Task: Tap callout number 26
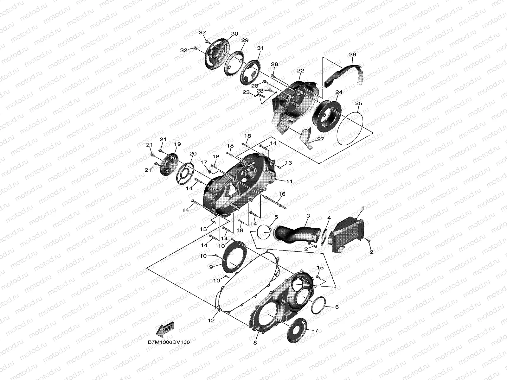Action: point(352,55)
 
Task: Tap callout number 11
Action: point(289,182)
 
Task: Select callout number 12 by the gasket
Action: point(211,320)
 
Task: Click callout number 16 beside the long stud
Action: point(282,194)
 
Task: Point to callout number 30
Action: point(234,34)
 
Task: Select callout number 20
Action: point(193,154)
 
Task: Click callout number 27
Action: point(321,139)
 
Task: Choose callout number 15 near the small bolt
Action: point(320,268)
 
